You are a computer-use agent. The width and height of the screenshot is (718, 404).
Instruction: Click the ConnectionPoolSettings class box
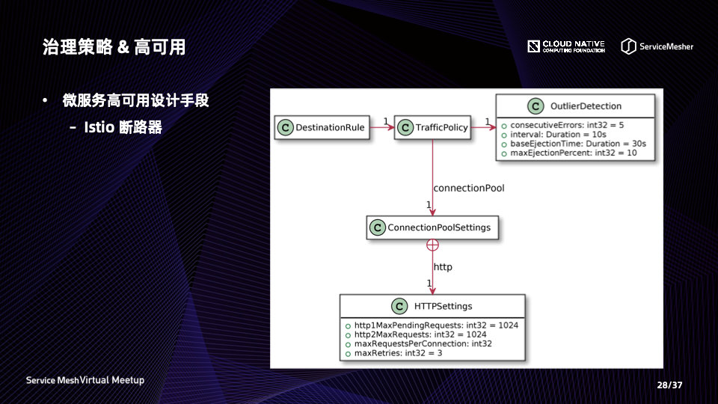(432, 227)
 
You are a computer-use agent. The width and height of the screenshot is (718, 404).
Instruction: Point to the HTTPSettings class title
(443, 306)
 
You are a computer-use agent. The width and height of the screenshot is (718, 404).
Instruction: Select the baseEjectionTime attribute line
(577, 143)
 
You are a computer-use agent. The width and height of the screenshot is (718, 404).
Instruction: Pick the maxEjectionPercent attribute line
(573, 153)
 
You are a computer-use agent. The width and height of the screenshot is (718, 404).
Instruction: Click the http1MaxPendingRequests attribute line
(435, 325)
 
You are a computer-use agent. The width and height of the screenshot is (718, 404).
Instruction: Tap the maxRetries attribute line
(397, 352)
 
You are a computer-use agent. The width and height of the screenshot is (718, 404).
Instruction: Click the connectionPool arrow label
(469, 189)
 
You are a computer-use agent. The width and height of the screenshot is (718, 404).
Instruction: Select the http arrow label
(443, 267)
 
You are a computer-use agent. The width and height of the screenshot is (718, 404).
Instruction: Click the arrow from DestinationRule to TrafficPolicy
(382, 128)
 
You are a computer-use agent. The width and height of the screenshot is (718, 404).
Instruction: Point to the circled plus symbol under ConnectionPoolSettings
(432, 245)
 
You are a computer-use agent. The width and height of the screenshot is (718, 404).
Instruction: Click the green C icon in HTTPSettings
(399, 306)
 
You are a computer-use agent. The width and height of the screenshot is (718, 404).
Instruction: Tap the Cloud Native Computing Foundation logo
(566, 46)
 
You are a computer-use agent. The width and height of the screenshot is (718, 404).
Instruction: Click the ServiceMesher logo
(657, 46)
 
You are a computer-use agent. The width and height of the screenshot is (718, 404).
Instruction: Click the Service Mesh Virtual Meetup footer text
(85, 380)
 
